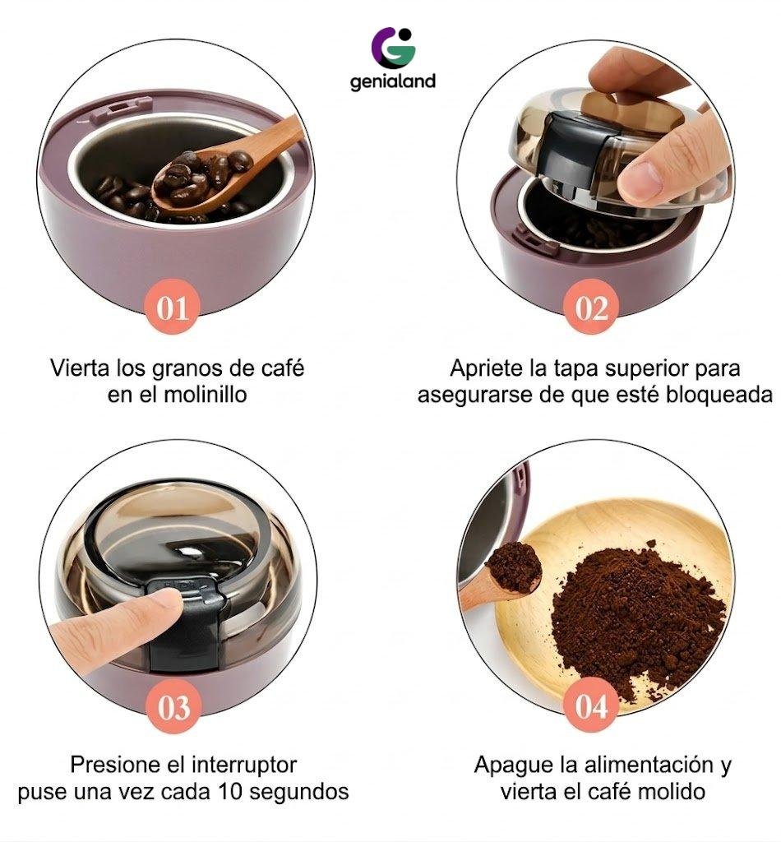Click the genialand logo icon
[x=393, y=47]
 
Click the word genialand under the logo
[x=392, y=81]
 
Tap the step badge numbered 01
[x=173, y=308]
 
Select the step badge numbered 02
[x=591, y=308]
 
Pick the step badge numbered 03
[x=174, y=706]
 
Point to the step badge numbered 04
[x=591, y=705]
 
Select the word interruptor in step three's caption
[x=244, y=764]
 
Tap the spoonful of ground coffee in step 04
[x=514, y=567]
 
